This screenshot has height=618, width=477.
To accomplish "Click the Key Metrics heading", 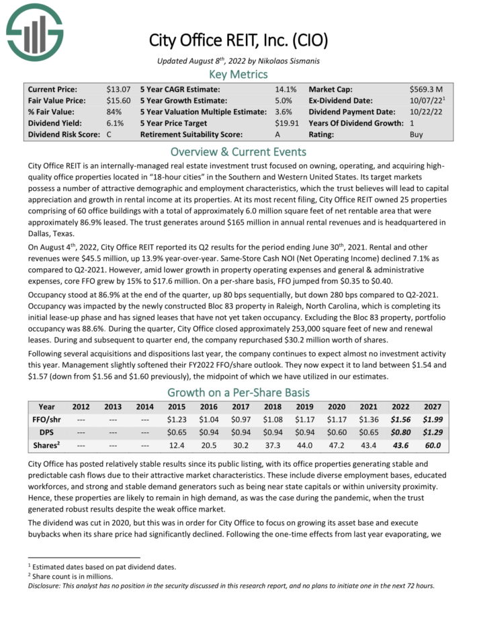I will point(238,74).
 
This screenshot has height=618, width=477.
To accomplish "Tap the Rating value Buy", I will point(417,134).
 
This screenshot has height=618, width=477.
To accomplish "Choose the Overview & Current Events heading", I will point(238,151).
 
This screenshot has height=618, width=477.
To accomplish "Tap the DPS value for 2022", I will point(398,431).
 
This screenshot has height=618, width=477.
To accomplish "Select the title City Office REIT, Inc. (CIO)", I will point(238,40).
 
